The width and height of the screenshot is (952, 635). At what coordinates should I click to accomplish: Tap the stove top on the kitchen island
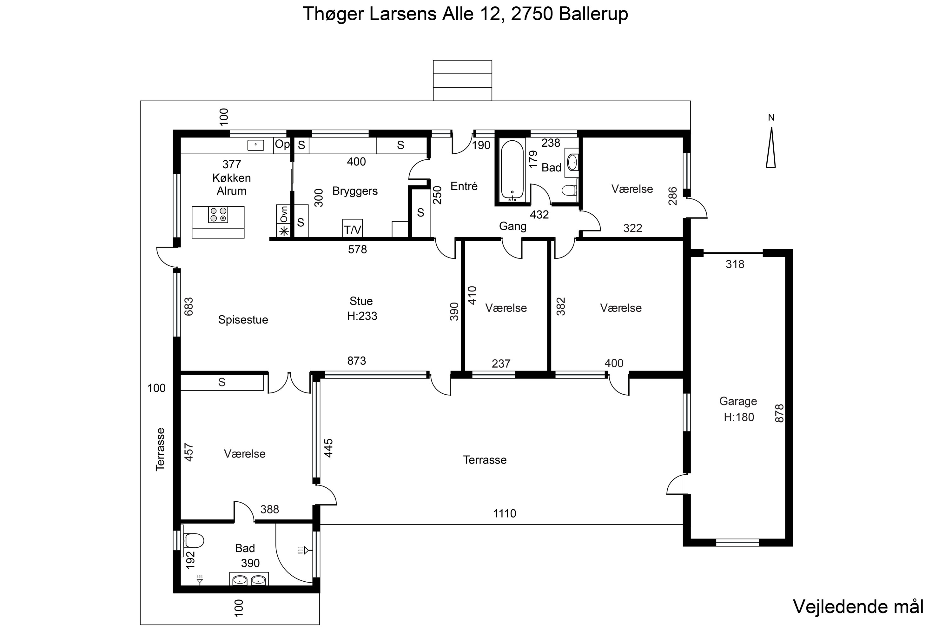click(218, 214)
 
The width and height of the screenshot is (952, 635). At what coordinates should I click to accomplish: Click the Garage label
click(738, 401)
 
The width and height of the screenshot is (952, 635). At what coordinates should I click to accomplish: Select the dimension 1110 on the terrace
click(504, 513)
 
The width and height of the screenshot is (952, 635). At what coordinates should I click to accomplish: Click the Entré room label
click(464, 186)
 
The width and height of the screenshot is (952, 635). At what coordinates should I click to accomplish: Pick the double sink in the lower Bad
click(249, 580)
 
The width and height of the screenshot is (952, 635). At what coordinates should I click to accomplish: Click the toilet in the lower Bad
click(194, 540)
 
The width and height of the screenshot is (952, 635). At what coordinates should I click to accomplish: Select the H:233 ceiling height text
click(362, 316)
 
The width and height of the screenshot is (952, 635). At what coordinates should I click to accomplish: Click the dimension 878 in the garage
click(779, 413)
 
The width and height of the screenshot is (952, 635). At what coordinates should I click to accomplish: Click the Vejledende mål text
click(858, 607)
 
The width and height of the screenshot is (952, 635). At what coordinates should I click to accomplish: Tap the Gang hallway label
click(512, 226)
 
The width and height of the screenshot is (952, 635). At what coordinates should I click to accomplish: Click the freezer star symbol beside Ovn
click(284, 231)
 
